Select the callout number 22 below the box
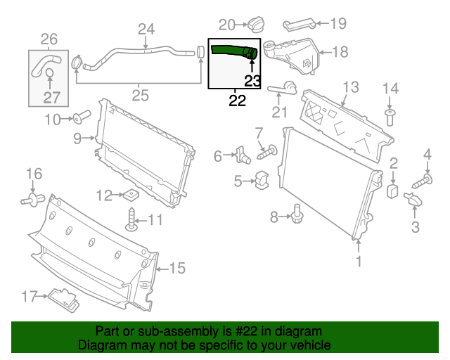point(238,101)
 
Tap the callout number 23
point(252,81)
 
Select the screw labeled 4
point(419,181)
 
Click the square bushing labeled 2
point(394,190)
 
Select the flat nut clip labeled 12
point(129,195)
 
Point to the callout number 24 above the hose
point(146,30)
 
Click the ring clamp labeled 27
point(49,75)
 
